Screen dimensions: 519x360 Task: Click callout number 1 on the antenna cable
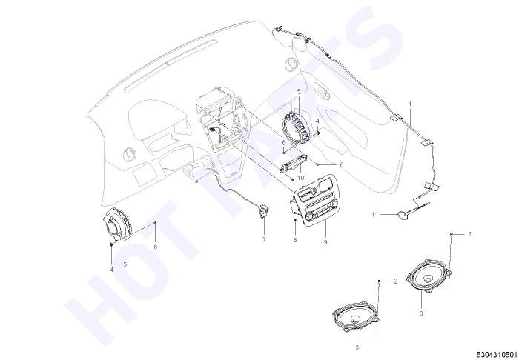click(410, 104)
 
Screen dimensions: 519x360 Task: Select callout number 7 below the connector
click(264, 240)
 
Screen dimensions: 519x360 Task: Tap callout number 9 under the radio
click(325, 242)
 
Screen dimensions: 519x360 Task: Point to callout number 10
click(300, 178)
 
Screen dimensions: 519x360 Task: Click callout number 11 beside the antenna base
click(374, 215)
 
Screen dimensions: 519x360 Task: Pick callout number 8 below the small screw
click(295, 240)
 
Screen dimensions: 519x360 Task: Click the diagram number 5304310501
click(497, 355)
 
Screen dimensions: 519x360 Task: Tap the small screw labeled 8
click(295, 220)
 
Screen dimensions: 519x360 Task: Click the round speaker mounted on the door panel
click(297, 127)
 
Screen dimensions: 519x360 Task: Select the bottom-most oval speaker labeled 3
click(355, 317)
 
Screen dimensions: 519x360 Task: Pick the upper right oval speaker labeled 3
click(429, 276)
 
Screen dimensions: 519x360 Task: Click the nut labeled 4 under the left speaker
click(111, 244)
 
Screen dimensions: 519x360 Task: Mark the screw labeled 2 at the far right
click(451, 234)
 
